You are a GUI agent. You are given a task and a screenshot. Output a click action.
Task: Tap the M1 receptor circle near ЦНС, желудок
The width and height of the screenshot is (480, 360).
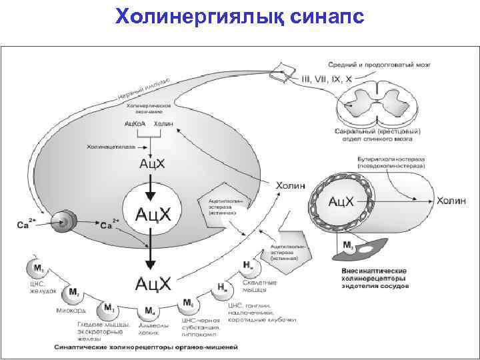(x=37, y=269)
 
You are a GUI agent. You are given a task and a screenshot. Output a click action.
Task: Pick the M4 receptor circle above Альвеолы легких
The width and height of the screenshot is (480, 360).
(x=149, y=311)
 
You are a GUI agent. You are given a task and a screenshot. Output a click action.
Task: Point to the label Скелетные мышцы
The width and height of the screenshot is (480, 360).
(x=260, y=287)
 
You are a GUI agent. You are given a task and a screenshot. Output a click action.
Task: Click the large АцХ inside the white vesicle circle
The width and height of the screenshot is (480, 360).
(x=153, y=215)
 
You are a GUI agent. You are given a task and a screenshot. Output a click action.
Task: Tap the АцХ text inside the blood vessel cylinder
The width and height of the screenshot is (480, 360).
(x=347, y=201)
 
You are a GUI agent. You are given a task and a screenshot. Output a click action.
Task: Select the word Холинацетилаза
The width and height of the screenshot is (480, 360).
(x=111, y=145)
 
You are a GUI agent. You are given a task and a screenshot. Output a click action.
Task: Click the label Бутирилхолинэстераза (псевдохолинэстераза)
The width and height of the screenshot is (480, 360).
(x=390, y=162)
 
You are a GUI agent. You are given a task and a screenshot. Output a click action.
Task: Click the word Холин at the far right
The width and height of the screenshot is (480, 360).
(x=453, y=200)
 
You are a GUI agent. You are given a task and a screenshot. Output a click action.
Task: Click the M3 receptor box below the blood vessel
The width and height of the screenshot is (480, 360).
(x=348, y=245)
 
